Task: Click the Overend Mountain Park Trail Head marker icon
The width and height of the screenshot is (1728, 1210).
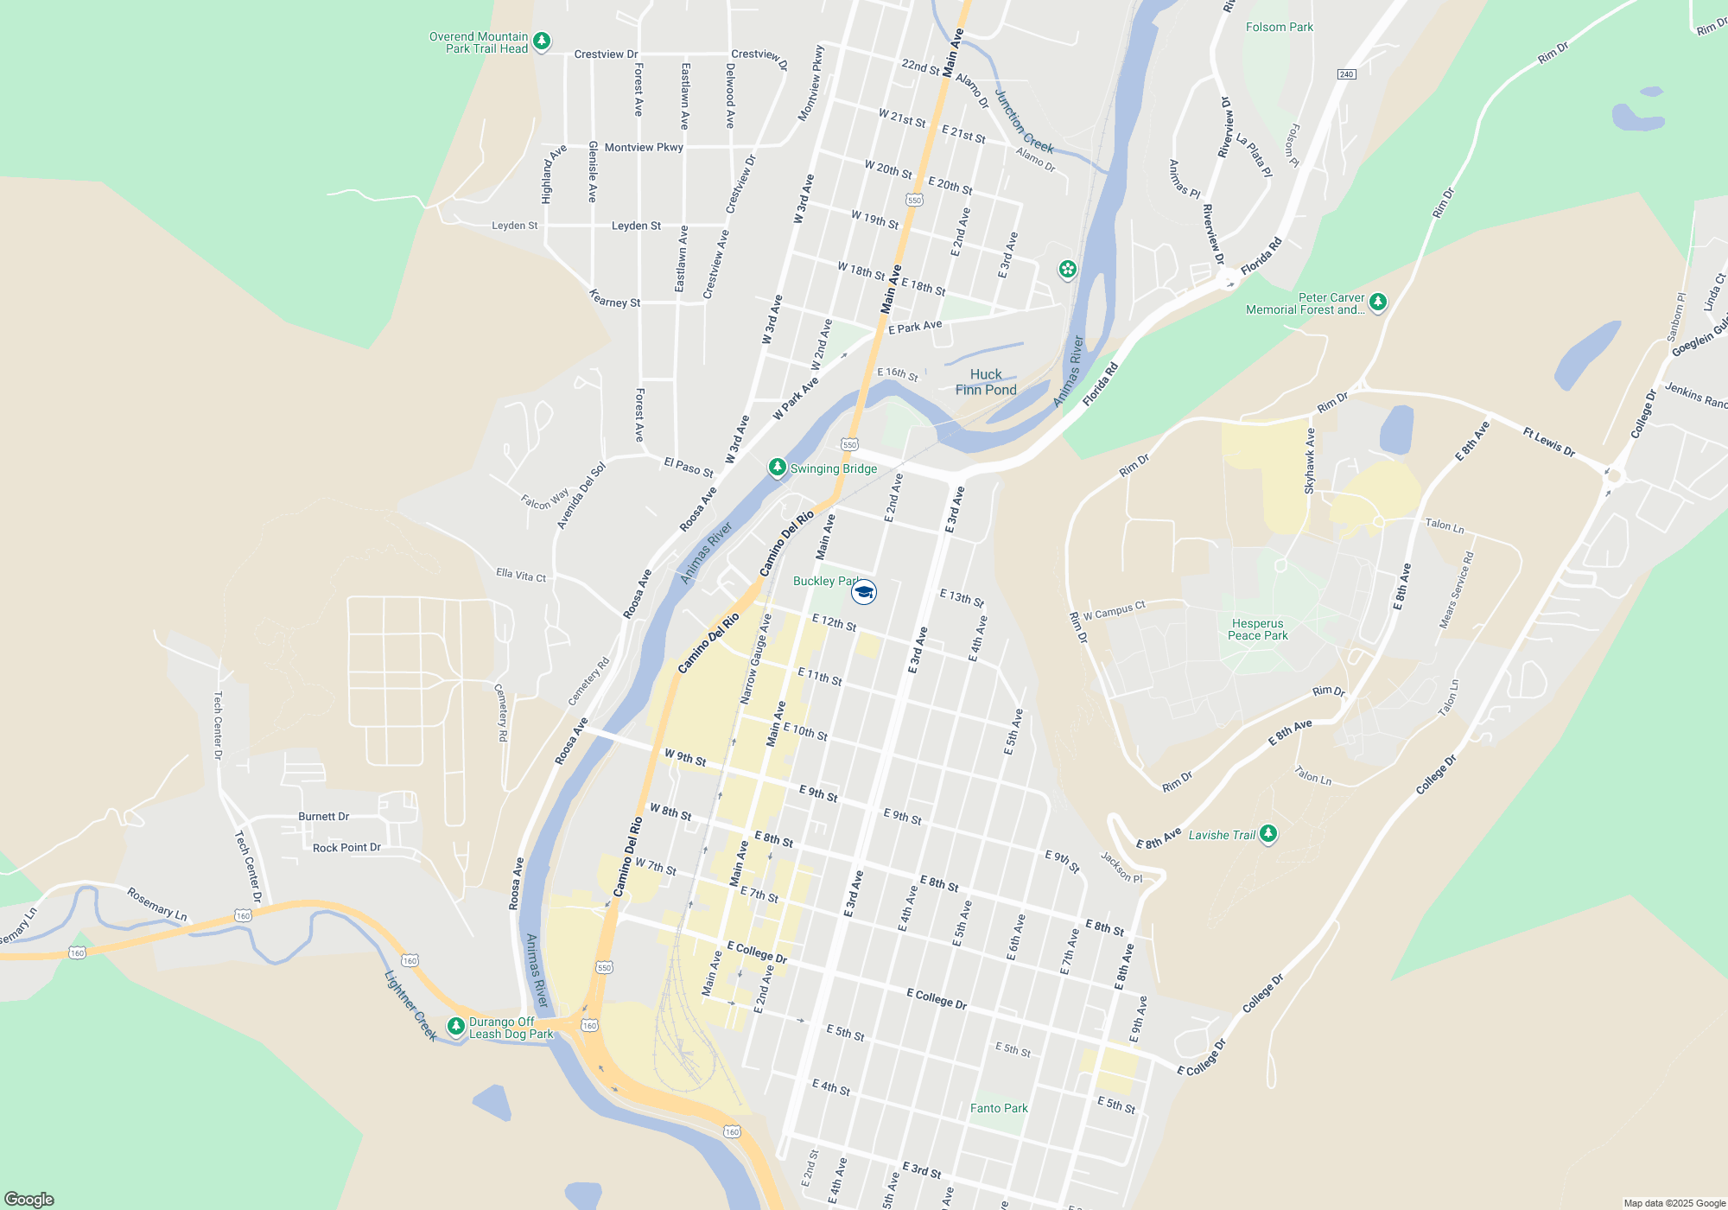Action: point(542,41)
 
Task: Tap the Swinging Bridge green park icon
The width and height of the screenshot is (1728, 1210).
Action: point(777,468)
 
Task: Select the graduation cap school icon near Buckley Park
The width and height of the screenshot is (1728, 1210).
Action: point(864,592)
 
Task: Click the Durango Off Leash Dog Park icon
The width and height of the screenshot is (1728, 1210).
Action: point(455,1026)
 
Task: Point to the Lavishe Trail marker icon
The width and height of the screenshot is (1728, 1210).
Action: point(1267,834)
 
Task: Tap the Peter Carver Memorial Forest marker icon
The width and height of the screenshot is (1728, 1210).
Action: point(1378,302)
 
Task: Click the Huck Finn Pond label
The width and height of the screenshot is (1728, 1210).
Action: point(986,382)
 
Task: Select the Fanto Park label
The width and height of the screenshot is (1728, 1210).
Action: point(999,1108)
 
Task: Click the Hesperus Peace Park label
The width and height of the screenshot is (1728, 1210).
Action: point(1258,629)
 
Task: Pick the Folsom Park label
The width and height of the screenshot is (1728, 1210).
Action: point(1279,28)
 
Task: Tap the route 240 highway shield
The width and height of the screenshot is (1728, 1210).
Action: point(1346,74)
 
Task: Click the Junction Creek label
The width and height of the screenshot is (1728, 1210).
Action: point(1024,122)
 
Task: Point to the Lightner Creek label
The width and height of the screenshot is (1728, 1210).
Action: point(410,1005)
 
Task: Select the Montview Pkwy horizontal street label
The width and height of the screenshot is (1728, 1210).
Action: point(644,148)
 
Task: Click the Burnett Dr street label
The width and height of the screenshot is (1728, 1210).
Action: point(323,817)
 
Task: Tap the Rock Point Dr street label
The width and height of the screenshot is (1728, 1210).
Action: point(346,848)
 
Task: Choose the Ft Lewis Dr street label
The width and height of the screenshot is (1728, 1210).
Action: point(1549,443)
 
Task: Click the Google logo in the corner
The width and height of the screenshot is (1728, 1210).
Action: point(29,1200)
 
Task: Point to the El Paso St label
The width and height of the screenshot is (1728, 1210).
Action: point(689,468)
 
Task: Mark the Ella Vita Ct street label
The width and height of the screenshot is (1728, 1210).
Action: point(521,575)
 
